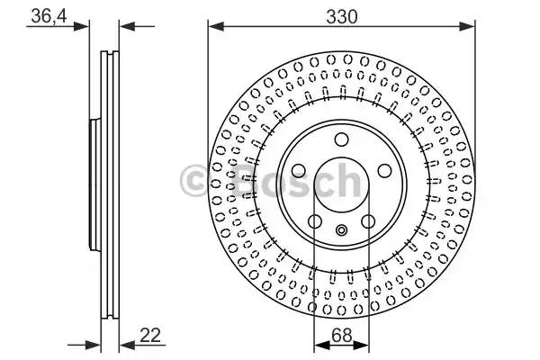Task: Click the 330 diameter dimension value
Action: [342, 16]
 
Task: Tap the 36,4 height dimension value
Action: [49, 15]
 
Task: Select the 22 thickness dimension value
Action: [150, 335]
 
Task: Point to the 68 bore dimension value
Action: [342, 335]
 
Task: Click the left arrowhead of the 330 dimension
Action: [216, 26]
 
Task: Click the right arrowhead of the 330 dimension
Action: [467, 26]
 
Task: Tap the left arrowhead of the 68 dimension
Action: [322, 345]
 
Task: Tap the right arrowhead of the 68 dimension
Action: [361, 345]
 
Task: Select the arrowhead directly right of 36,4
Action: [81, 26]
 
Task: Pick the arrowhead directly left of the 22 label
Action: [127, 345]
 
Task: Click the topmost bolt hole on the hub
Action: [342, 139]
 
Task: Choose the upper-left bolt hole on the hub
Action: [299, 170]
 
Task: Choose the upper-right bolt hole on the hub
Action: [384, 170]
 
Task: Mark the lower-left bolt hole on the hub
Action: [315, 221]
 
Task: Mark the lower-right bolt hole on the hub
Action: [368, 221]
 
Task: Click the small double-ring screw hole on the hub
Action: [342, 229]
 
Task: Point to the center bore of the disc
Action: [342, 185]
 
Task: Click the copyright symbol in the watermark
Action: [193, 181]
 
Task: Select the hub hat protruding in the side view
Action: [94, 184]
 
